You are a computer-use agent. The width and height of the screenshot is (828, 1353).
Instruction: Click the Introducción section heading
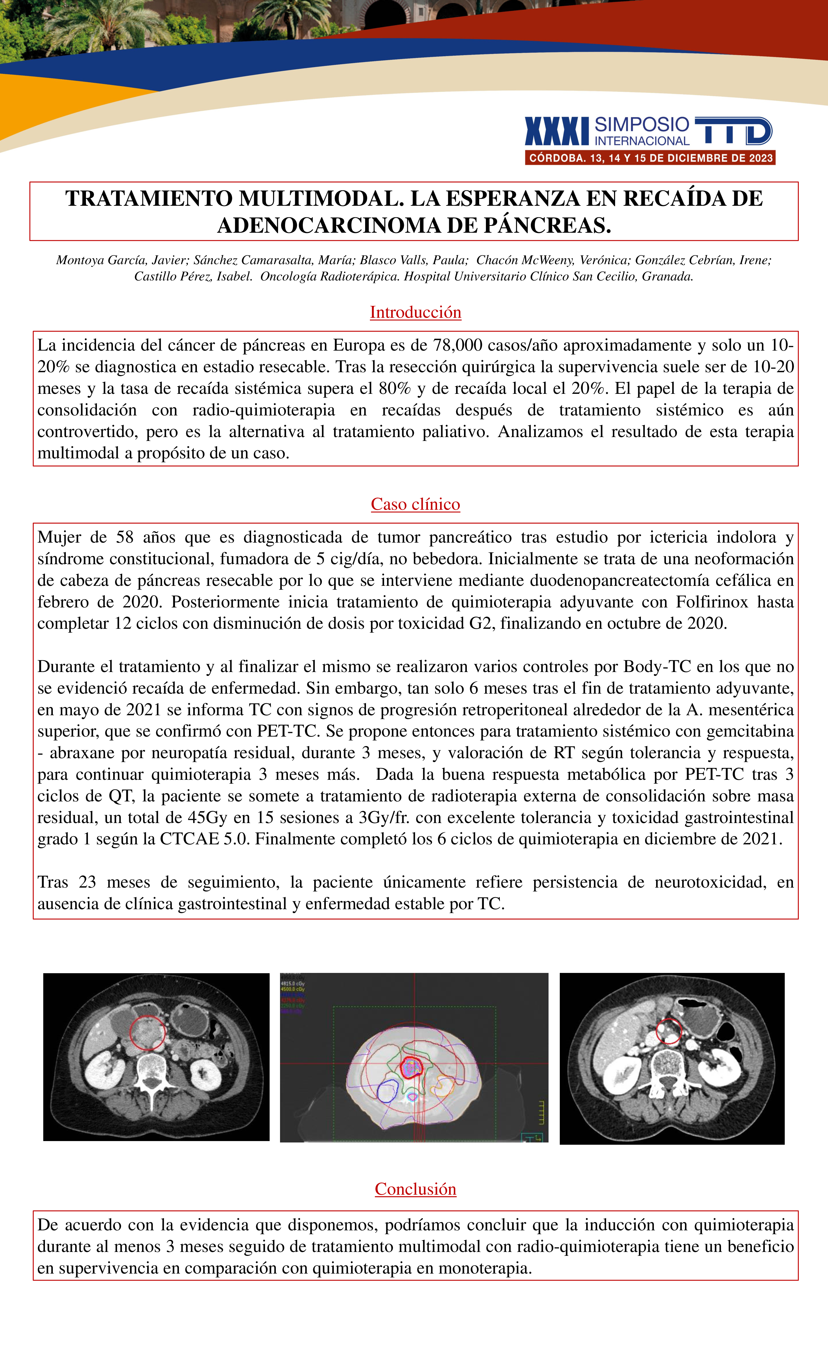[415, 312]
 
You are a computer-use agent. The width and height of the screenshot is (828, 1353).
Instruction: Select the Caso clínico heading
[415, 504]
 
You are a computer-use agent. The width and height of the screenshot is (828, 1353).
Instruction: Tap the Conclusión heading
[415, 1189]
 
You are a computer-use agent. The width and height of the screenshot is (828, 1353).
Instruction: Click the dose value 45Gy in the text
[207, 818]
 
